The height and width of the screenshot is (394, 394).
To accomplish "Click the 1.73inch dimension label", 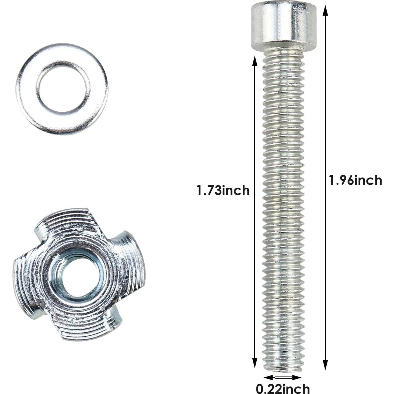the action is click(223, 190).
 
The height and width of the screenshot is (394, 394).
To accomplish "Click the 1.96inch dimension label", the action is click(355, 180).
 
